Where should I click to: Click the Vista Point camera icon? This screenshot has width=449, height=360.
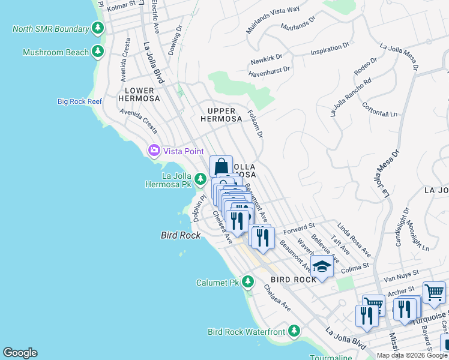[x=154, y=149]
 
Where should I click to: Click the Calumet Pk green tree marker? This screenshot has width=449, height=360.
[x=249, y=283]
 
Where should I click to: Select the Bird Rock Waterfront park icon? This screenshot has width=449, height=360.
[x=294, y=331]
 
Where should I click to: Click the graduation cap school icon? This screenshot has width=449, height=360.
[x=322, y=267]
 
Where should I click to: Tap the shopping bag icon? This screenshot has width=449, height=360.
[x=221, y=166]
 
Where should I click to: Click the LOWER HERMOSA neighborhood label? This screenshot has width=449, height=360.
[x=139, y=94]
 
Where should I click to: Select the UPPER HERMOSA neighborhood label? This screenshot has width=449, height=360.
[x=224, y=115]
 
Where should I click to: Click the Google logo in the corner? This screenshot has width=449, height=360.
[x=20, y=353]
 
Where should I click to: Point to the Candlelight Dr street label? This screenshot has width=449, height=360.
[x=401, y=227]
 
